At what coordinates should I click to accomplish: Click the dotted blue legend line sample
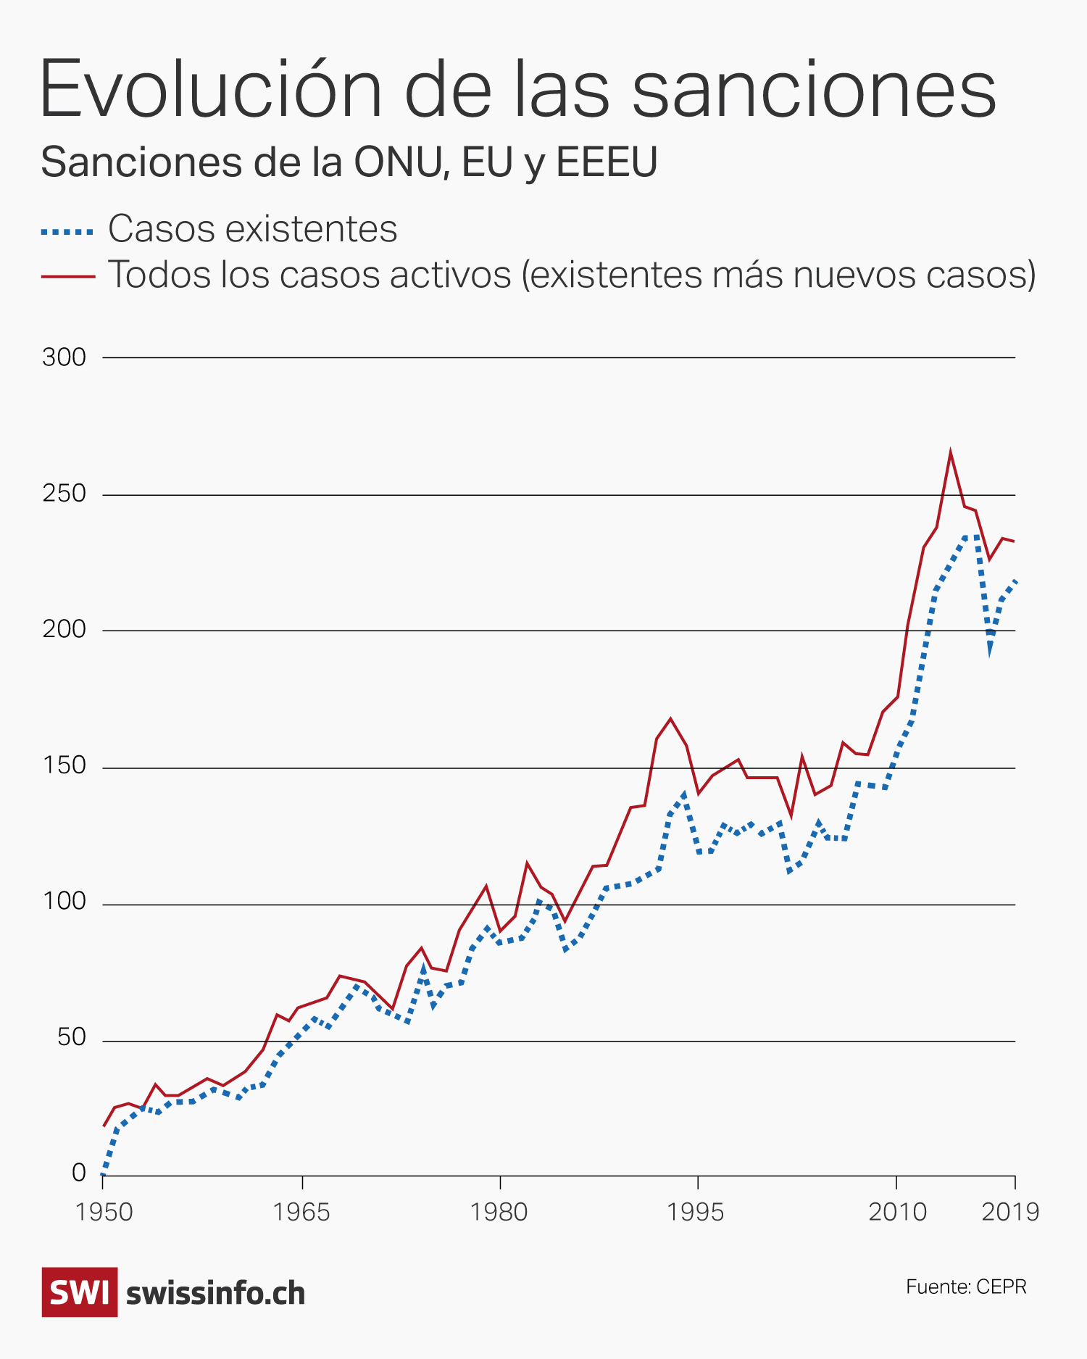point(67,232)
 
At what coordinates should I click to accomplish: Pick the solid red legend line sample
point(67,276)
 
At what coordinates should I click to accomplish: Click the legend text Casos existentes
point(252,229)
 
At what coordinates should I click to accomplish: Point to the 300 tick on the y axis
point(64,357)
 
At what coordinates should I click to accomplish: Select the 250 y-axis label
point(64,494)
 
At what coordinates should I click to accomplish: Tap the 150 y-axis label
point(64,766)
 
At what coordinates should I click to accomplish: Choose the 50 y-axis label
point(71,1038)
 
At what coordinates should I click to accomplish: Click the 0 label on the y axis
point(79,1173)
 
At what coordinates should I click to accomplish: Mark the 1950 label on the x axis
point(104,1211)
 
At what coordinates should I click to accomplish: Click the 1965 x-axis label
point(301,1211)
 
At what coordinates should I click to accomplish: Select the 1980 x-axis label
point(499,1211)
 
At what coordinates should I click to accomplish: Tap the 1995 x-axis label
point(696,1211)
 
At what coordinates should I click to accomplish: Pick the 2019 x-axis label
point(1010,1211)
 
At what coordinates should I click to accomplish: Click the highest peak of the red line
point(950,453)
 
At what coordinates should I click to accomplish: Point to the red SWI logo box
point(80,1292)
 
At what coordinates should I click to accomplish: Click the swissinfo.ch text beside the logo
point(215,1294)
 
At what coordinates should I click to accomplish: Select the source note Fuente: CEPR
point(966,1287)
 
